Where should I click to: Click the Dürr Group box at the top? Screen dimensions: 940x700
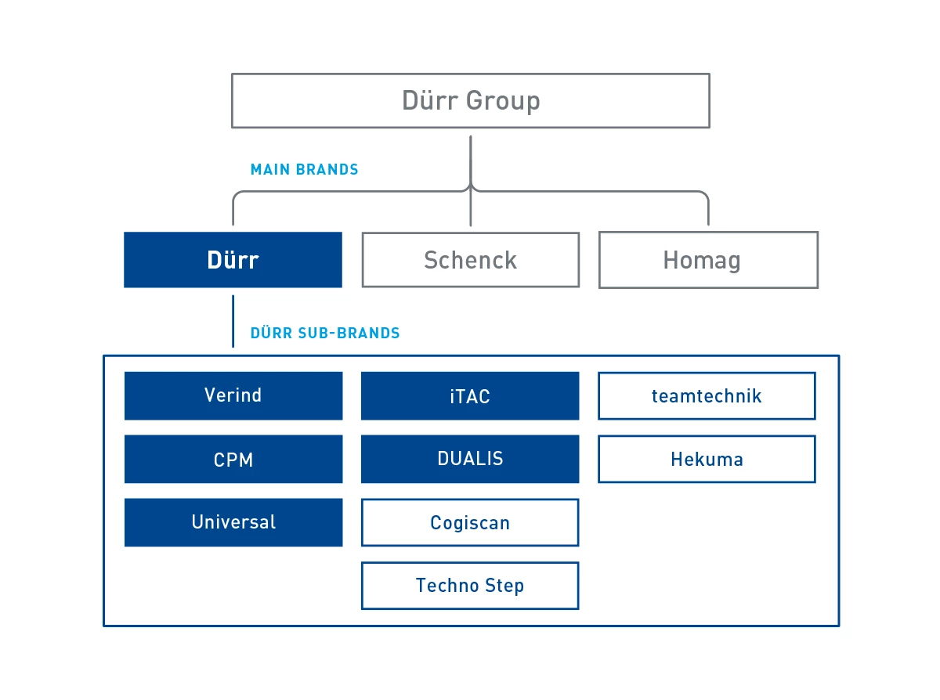[471, 100]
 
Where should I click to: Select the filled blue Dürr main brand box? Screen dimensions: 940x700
[233, 260]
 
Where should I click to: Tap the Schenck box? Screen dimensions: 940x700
[471, 260]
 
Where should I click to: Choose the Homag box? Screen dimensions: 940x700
[708, 260]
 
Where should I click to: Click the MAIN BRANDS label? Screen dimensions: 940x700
[304, 169]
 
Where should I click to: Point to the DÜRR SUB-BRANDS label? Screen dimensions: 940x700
[325, 333]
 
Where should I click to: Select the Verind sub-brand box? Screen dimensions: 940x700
[233, 395]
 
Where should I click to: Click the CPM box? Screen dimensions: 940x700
[233, 459]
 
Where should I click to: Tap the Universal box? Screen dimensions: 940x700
[233, 522]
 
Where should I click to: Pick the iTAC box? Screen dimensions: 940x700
[470, 395]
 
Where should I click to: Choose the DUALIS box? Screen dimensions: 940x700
[470, 459]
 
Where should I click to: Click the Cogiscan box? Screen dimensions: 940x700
[470, 522]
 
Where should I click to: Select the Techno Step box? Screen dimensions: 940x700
[470, 586]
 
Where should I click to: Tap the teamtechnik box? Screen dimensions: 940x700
[707, 395]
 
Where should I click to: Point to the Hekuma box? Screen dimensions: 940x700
[707, 459]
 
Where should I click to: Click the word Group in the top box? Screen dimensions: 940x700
[503, 102]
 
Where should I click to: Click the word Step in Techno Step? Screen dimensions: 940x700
[504, 586]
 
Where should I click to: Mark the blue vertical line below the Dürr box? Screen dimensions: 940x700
[233, 321]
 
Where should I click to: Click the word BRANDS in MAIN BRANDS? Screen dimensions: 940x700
[327, 169]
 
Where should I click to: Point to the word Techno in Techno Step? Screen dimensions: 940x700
[447, 585]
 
